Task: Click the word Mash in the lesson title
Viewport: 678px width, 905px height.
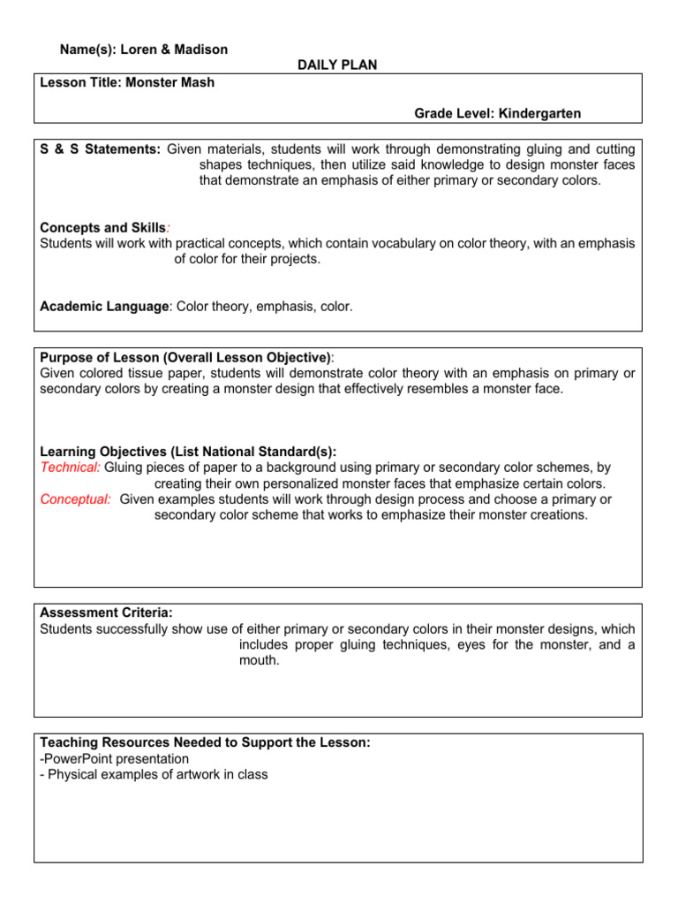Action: [195, 82]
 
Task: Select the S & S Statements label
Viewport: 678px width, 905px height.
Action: [101, 149]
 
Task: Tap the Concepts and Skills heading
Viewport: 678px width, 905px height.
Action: [102, 227]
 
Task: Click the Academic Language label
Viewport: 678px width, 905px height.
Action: [104, 306]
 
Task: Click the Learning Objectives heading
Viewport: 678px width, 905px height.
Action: [188, 451]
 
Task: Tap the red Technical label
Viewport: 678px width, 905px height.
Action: [71, 467]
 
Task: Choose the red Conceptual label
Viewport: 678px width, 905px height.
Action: [76, 498]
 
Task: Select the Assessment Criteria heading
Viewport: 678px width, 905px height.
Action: [107, 612]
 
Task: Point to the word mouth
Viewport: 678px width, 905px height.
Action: [259, 659]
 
